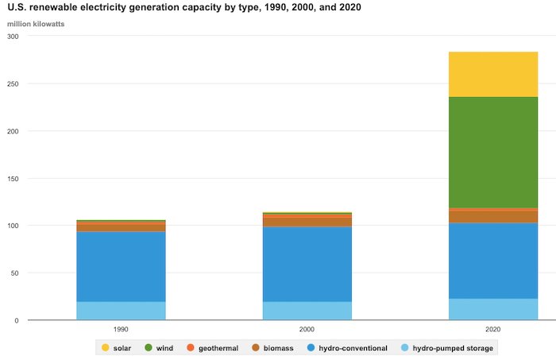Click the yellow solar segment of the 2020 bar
(x=493, y=75)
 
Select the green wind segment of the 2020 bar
(x=493, y=153)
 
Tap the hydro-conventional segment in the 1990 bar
(x=121, y=267)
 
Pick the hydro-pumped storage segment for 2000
(x=307, y=311)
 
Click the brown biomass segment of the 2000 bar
(x=307, y=222)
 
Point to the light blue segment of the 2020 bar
(x=493, y=309)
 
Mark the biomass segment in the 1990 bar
(x=121, y=228)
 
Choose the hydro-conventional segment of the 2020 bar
(x=493, y=261)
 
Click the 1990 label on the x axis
(x=121, y=329)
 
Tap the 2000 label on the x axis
(x=307, y=329)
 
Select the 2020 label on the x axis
(x=493, y=329)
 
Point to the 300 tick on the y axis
(x=13, y=37)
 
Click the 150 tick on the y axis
(x=13, y=179)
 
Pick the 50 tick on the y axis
(x=14, y=273)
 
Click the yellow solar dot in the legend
(x=106, y=347)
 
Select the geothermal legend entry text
(x=218, y=348)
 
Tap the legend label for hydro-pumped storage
(x=453, y=348)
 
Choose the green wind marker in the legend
(x=149, y=347)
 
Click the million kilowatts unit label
(x=36, y=24)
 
